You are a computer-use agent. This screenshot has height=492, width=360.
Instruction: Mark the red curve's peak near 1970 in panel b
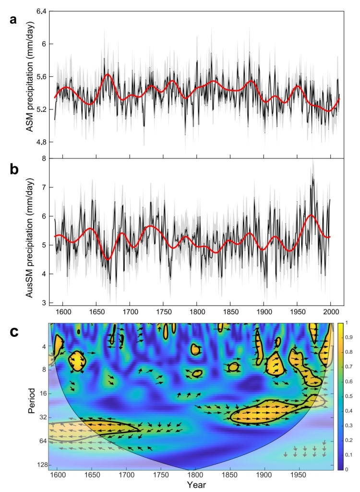click(312, 215)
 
